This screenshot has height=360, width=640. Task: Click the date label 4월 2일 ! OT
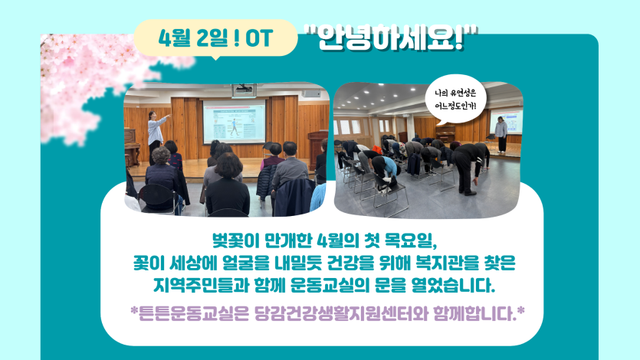[x=215, y=38]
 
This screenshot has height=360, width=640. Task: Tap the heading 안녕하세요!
[x=391, y=38]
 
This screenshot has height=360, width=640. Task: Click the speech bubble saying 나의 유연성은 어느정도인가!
[x=455, y=100]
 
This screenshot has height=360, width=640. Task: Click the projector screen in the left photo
[x=234, y=122]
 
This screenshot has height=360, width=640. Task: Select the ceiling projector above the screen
[x=244, y=90]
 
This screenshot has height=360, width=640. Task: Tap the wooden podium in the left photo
[x=317, y=149]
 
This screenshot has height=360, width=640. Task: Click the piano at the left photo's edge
[x=132, y=148]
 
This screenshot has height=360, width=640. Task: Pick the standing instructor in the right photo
[x=501, y=134]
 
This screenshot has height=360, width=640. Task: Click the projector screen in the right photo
[x=506, y=122]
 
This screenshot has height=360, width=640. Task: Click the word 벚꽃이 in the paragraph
[x=235, y=241]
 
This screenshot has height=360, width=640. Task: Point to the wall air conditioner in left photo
[x=311, y=93]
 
